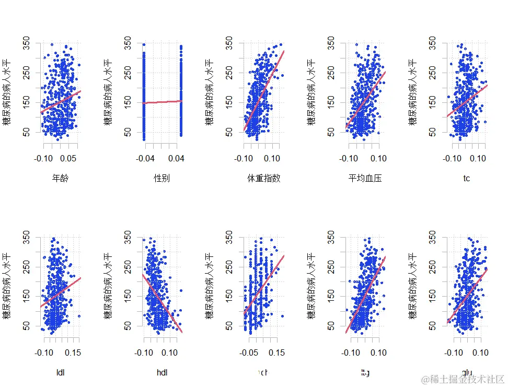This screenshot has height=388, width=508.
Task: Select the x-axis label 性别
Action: pos(162,179)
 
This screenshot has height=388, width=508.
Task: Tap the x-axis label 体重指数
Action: pos(264,179)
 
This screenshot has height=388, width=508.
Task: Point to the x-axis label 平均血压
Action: pos(365,179)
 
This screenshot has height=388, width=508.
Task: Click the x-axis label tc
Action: pos(467,179)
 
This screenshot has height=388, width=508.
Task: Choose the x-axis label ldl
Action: pos(61,372)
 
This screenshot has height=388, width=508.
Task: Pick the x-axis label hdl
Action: pos(162,372)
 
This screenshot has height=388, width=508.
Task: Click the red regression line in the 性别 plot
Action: pos(162,102)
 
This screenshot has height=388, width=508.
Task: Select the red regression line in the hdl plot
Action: pos(162,303)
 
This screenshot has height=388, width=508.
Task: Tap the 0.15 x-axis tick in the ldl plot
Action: pos(75,353)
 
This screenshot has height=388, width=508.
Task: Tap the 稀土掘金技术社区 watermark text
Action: pos(463,379)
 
